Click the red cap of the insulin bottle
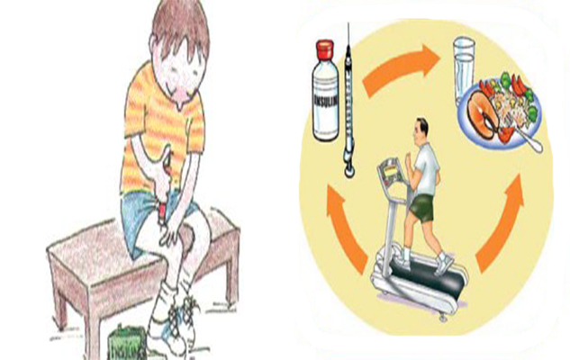325,49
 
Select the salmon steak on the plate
482,113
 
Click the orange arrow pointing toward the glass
400,68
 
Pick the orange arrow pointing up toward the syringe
346,228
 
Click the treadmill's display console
392,173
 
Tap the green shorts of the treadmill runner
422,207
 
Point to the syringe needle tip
348,23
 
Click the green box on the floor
128,343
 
